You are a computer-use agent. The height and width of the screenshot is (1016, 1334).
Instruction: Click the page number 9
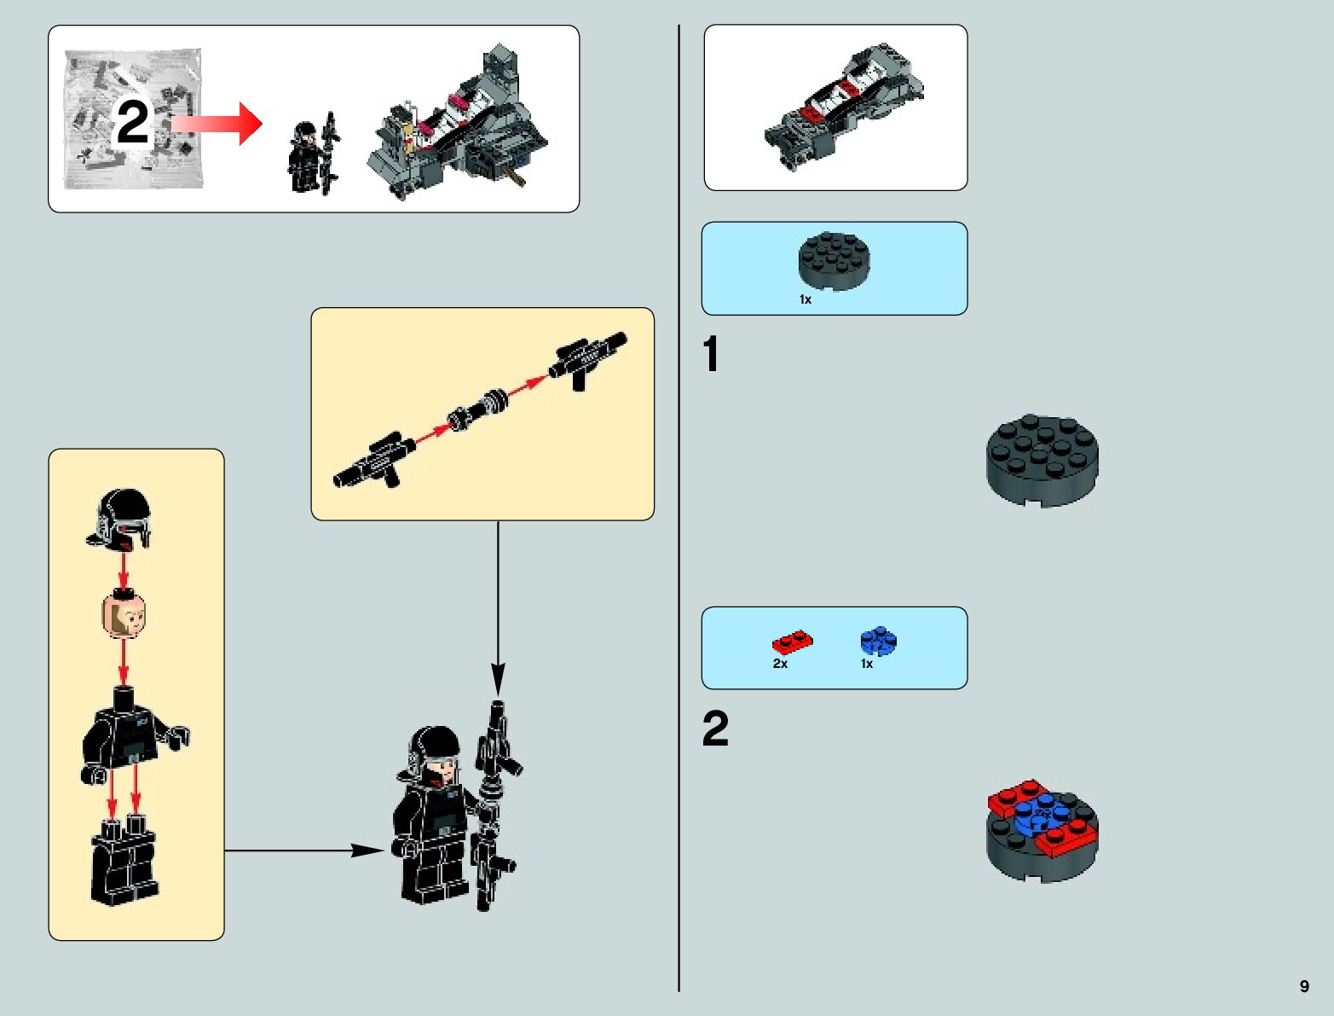pos(1304,986)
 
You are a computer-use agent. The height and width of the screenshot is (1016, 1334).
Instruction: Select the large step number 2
pos(715,729)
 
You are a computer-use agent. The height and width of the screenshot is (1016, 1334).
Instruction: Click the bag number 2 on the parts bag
pos(132,123)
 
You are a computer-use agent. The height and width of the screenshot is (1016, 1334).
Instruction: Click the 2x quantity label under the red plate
pos(780,664)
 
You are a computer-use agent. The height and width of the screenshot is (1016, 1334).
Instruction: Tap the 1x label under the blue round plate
pos(866,664)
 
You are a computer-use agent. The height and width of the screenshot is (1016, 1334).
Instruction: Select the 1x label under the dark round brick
pos(806,299)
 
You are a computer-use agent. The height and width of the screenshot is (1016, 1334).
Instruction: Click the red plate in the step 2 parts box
pos(793,642)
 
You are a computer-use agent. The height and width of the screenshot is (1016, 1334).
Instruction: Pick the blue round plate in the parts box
pos(880,641)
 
